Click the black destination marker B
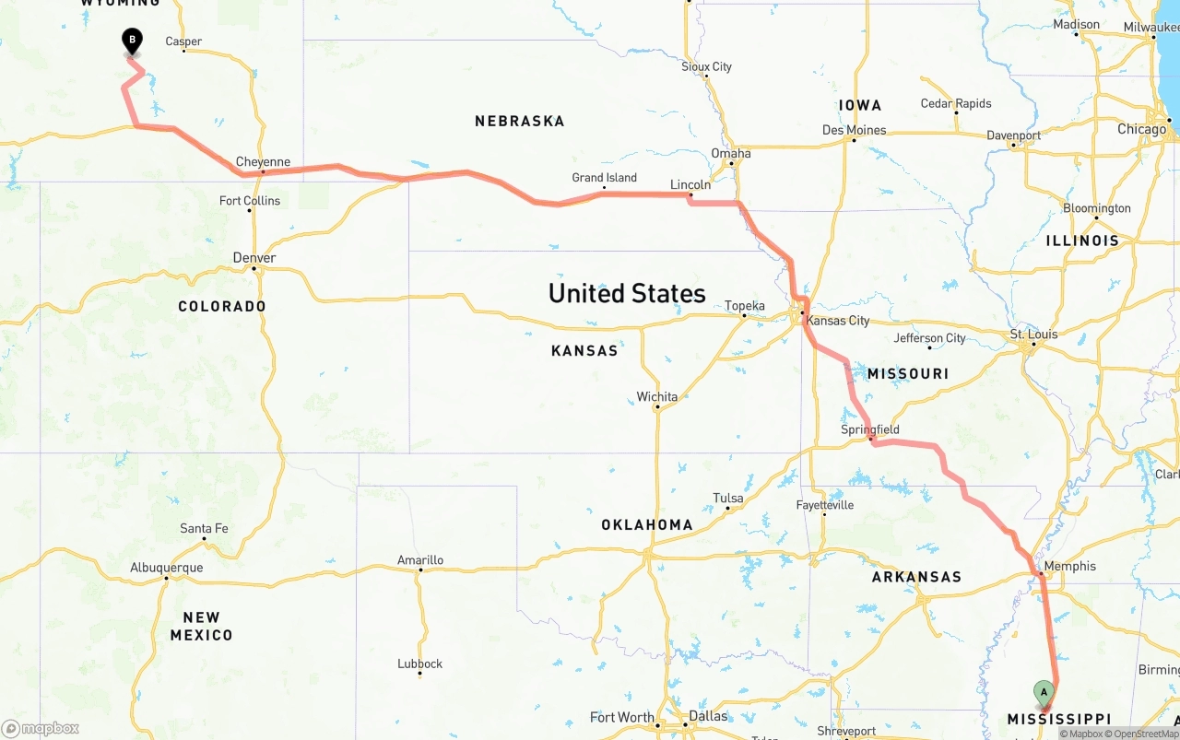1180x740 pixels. (132, 40)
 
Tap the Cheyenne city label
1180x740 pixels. (263, 162)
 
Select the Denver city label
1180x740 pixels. (254, 258)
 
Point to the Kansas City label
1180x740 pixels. (837, 321)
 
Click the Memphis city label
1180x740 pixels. (1070, 566)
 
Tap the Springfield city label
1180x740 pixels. (869, 429)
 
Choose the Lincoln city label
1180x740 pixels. (690, 185)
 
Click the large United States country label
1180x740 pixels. (627, 293)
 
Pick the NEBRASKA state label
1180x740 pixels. (519, 121)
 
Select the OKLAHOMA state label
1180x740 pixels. (646, 524)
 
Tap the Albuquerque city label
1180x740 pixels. (167, 568)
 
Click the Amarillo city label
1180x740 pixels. (420, 559)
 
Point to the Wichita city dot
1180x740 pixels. (656, 407)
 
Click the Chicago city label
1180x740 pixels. (1141, 129)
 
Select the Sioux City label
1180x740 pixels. (706, 66)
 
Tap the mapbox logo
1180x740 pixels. (41, 728)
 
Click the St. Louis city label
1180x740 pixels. (1033, 334)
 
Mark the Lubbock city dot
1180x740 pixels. (419, 674)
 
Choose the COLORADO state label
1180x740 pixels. (222, 306)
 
